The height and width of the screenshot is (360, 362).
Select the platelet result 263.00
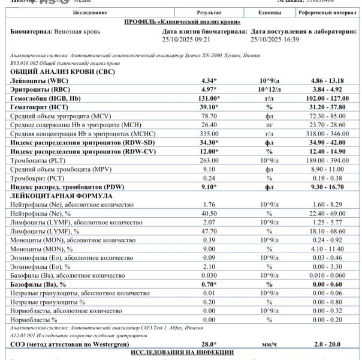209,160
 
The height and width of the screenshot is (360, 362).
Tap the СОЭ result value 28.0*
209,343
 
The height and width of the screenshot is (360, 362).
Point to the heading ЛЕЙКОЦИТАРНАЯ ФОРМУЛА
58,196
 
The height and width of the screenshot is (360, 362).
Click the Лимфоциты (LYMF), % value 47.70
209,231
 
